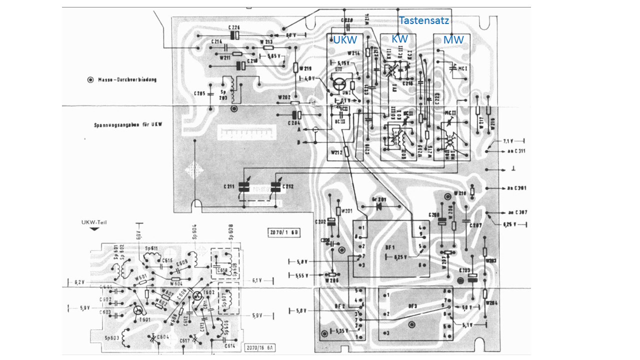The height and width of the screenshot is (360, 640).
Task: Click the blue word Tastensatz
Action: [424, 21]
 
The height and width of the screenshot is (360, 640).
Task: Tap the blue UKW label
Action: [345, 39]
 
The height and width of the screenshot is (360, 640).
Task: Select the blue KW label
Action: [399, 38]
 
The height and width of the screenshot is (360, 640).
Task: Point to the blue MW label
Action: [453, 39]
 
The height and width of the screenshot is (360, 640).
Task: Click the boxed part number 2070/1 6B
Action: [283, 232]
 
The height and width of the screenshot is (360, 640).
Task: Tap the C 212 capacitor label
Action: [288, 186]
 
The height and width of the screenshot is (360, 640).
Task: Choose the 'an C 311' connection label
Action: [516, 150]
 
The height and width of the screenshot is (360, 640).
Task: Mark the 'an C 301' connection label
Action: [516, 188]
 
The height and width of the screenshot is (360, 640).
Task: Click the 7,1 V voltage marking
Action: [509, 141]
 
